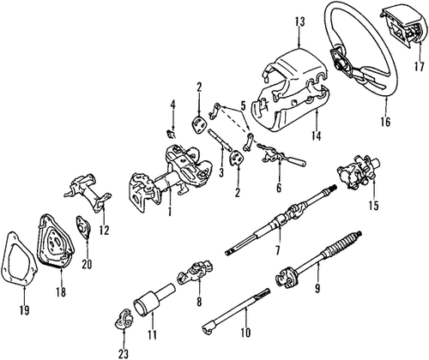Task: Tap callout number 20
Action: (x=86, y=263)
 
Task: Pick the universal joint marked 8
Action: (x=190, y=280)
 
